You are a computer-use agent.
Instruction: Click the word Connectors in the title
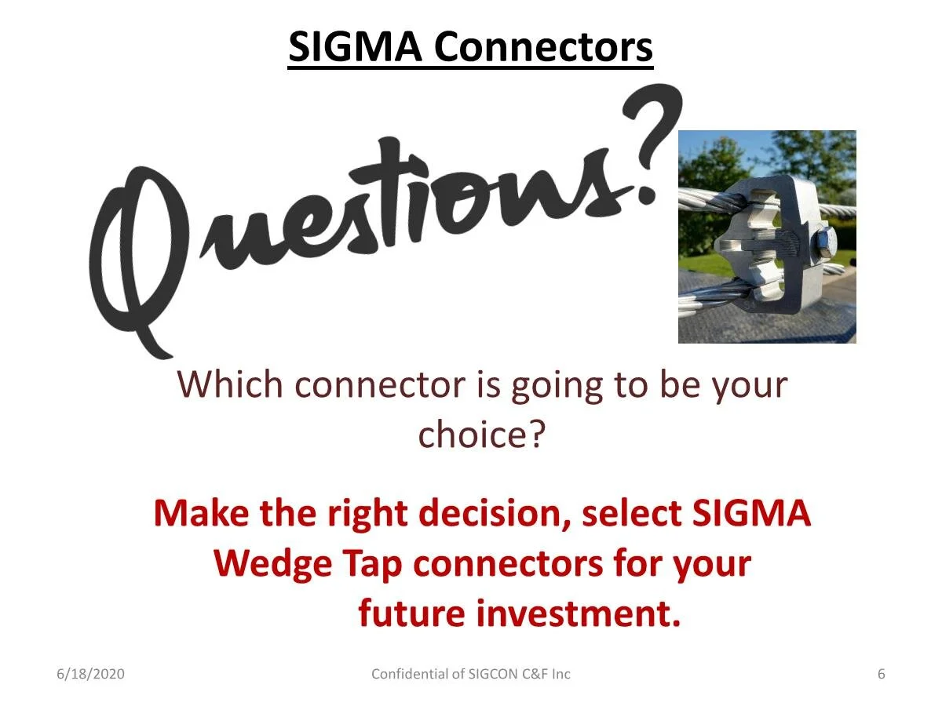[x=543, y=47]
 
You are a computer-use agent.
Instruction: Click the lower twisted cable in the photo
[x=706, y=302]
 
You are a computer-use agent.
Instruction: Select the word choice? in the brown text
[x=480, y=434]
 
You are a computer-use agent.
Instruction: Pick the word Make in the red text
[x=199, y=513]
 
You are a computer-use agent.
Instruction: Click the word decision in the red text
[x=494, y=513]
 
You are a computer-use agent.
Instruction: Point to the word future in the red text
[x=411, y=613]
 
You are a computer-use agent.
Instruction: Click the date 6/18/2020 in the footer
[x=90, y=674]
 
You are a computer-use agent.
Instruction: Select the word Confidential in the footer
[x=408, y=674]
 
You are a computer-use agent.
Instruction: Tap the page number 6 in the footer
[x=882, y=674]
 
